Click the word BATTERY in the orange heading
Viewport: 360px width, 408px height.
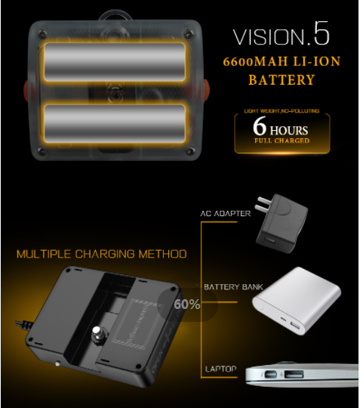(282, 79)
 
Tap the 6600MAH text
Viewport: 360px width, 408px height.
(255, 62)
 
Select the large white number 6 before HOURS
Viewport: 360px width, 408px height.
(260, 126)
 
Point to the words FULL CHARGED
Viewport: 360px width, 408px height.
(282, 141)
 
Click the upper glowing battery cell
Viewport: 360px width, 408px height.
(115, 62)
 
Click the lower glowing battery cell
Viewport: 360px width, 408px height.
(115, 124)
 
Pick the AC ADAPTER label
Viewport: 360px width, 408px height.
(226, 214)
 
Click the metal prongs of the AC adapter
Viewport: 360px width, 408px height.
(263, 204)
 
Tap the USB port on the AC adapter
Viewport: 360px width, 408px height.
(270, 240)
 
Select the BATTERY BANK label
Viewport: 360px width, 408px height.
(233, 287)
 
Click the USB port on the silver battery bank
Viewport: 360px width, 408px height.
(295, 325)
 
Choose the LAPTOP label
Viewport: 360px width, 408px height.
(221, 369)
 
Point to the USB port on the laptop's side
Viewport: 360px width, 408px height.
(294, 375)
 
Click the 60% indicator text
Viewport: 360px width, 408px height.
(187, 304)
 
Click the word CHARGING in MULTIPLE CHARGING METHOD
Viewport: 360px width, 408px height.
(105, 254)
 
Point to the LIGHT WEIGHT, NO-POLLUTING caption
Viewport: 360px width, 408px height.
(282, 111)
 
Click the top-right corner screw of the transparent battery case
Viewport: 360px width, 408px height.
(188, 34)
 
